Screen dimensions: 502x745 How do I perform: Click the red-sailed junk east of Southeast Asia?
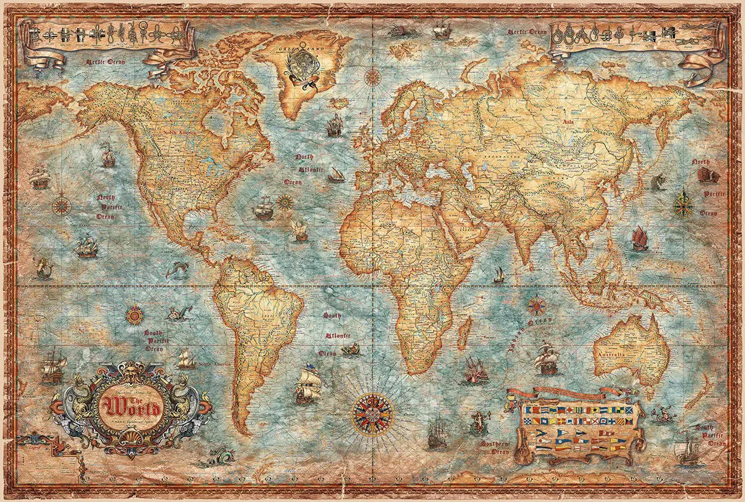pyautogui.click(x=639, y=238)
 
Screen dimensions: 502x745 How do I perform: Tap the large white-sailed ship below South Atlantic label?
pyautogui.click(x=308, y=382)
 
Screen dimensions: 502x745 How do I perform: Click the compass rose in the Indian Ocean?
pyautogui.click(x=536, y=305)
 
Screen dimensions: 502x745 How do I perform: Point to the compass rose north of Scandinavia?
pyautogui.click(x=373, y=76)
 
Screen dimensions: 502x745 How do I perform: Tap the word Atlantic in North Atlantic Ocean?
pyautogui.click(x=305, y=169)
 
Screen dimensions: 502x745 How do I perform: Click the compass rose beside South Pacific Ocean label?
pyautogui.click(x=134, y=314)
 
